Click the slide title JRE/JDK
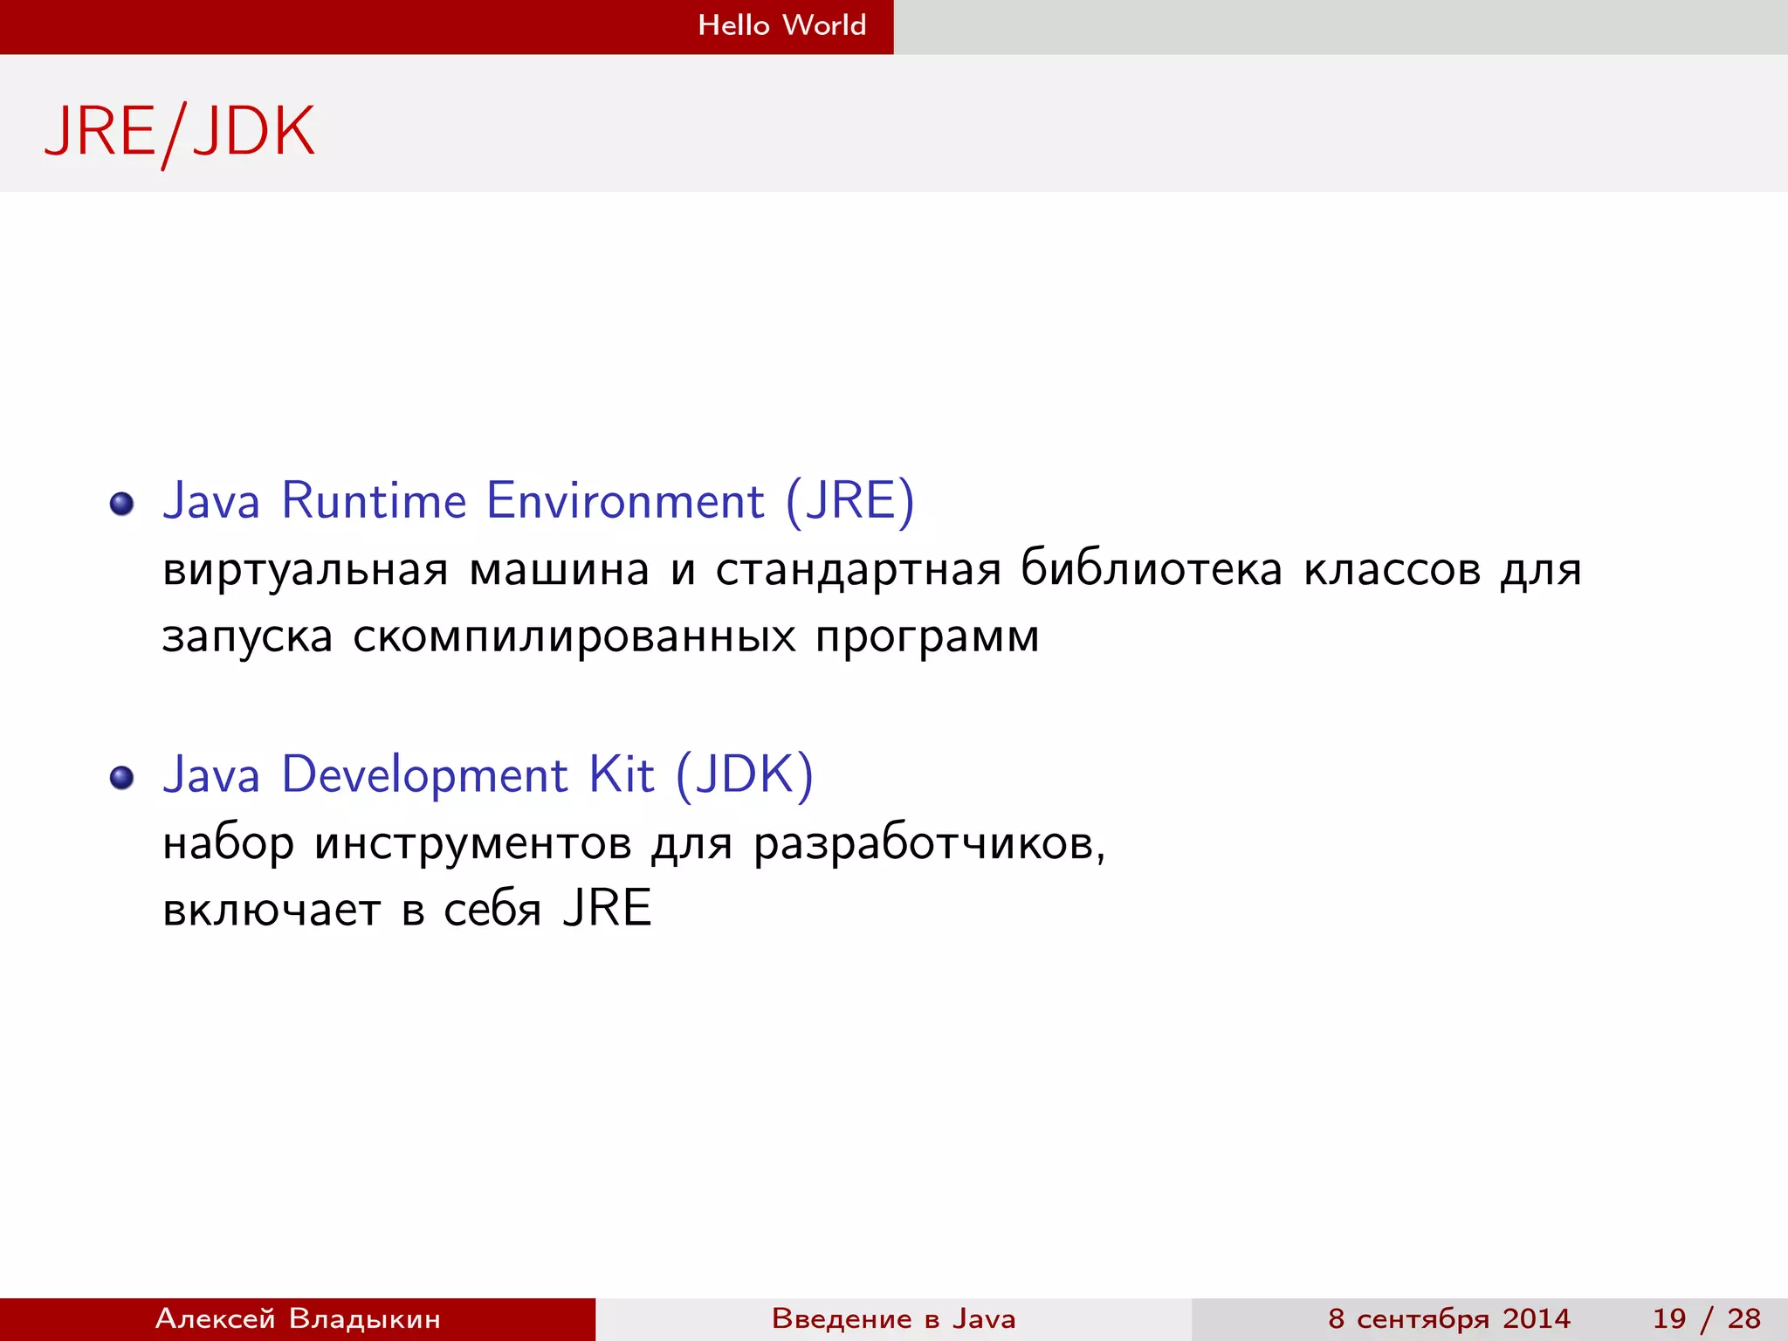coord(179,133)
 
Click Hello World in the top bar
coord(781,25)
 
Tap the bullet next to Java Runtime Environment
coord(122,504)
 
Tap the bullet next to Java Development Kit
coord(122,777)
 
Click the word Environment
coord(625,502)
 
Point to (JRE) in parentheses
coord(849,502)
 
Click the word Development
coord(424,775)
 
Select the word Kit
coord(621,775)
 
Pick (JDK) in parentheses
coord(744,775)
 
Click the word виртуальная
coord(306,570)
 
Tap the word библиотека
coord(1152,570)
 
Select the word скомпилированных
coord(574,637)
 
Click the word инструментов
coord(472,844)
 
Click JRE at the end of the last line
coord(608,909)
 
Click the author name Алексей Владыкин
coord(298,1318)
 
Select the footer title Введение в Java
coord(893,1318)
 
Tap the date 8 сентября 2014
coord(1448,1318)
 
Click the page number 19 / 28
coord(1706,1318)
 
